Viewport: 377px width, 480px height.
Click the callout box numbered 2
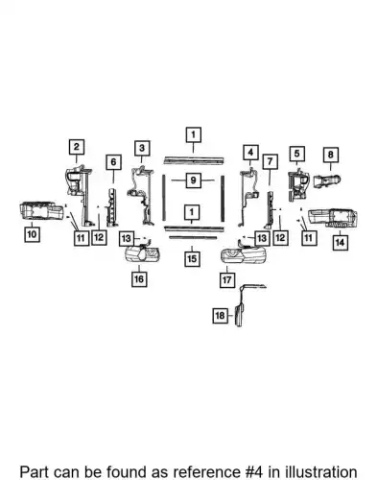(x=77, y=147)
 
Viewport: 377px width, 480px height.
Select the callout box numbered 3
(x=142, y=148)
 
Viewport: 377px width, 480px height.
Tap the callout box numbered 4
(x=250, y=153)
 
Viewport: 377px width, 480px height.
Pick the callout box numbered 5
(x=297, y=154)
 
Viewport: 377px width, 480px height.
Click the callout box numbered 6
(x=113, y=162)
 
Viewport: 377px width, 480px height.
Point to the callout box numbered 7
(x=271, y=161)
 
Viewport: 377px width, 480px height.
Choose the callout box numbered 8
(x=331, y=155)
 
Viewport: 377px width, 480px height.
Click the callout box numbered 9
(x=193, y=180)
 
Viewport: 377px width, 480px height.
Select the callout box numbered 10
(x=32, y=234)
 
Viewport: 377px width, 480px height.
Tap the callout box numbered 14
(x=340, y=243)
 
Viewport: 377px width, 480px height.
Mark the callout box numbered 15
(x=192, y=258)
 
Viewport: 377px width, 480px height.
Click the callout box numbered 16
(x=139, y=279)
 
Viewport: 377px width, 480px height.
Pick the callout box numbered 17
(x=227, y=280)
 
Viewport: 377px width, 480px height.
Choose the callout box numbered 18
(x=220, y=316)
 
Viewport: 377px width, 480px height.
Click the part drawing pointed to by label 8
(x=327, y=181)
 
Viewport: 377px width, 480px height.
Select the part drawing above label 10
(x=41, y=211)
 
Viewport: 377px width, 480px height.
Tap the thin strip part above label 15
(x=193, y=238)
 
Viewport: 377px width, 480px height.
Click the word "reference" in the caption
(x=205, y=472)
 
